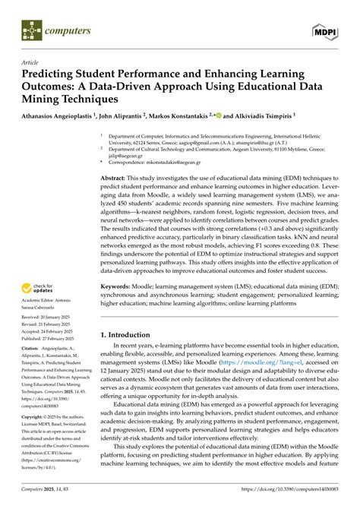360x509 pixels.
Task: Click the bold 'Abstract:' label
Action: [115, 176]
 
